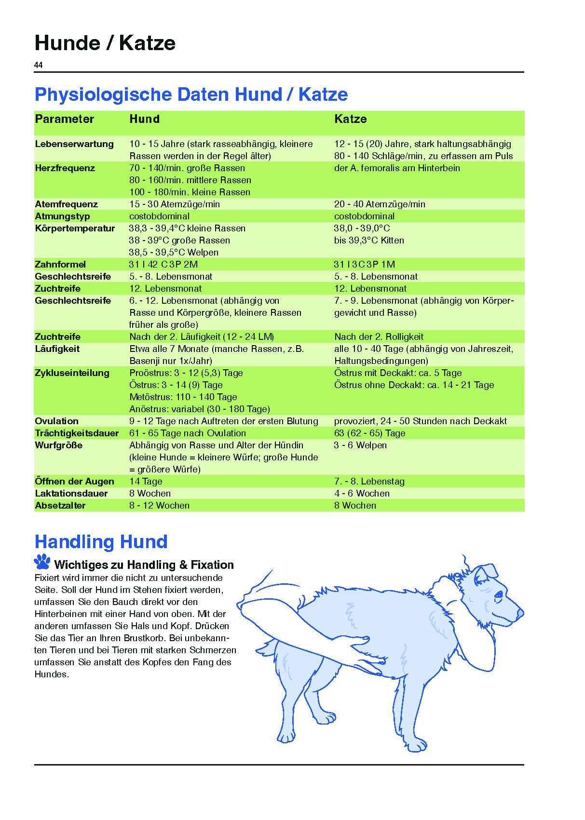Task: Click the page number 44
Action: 39,65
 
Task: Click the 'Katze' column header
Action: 350,119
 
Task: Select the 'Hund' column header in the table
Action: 144,119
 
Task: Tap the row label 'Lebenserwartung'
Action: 74,144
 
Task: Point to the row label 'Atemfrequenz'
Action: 66,204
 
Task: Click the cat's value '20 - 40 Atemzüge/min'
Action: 380,204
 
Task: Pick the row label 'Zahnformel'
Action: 60,264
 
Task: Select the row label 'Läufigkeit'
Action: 57,349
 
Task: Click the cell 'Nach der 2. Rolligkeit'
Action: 379,336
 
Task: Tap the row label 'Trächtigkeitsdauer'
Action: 77,433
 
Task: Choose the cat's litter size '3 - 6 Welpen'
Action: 360,445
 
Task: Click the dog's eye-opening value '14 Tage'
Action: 146,481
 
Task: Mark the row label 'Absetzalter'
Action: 60,505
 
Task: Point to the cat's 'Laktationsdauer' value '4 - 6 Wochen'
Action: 362,493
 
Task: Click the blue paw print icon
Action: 42,562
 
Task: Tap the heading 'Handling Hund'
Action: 101,542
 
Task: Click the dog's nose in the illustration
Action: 520,613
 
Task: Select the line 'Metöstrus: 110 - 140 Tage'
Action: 183,397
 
